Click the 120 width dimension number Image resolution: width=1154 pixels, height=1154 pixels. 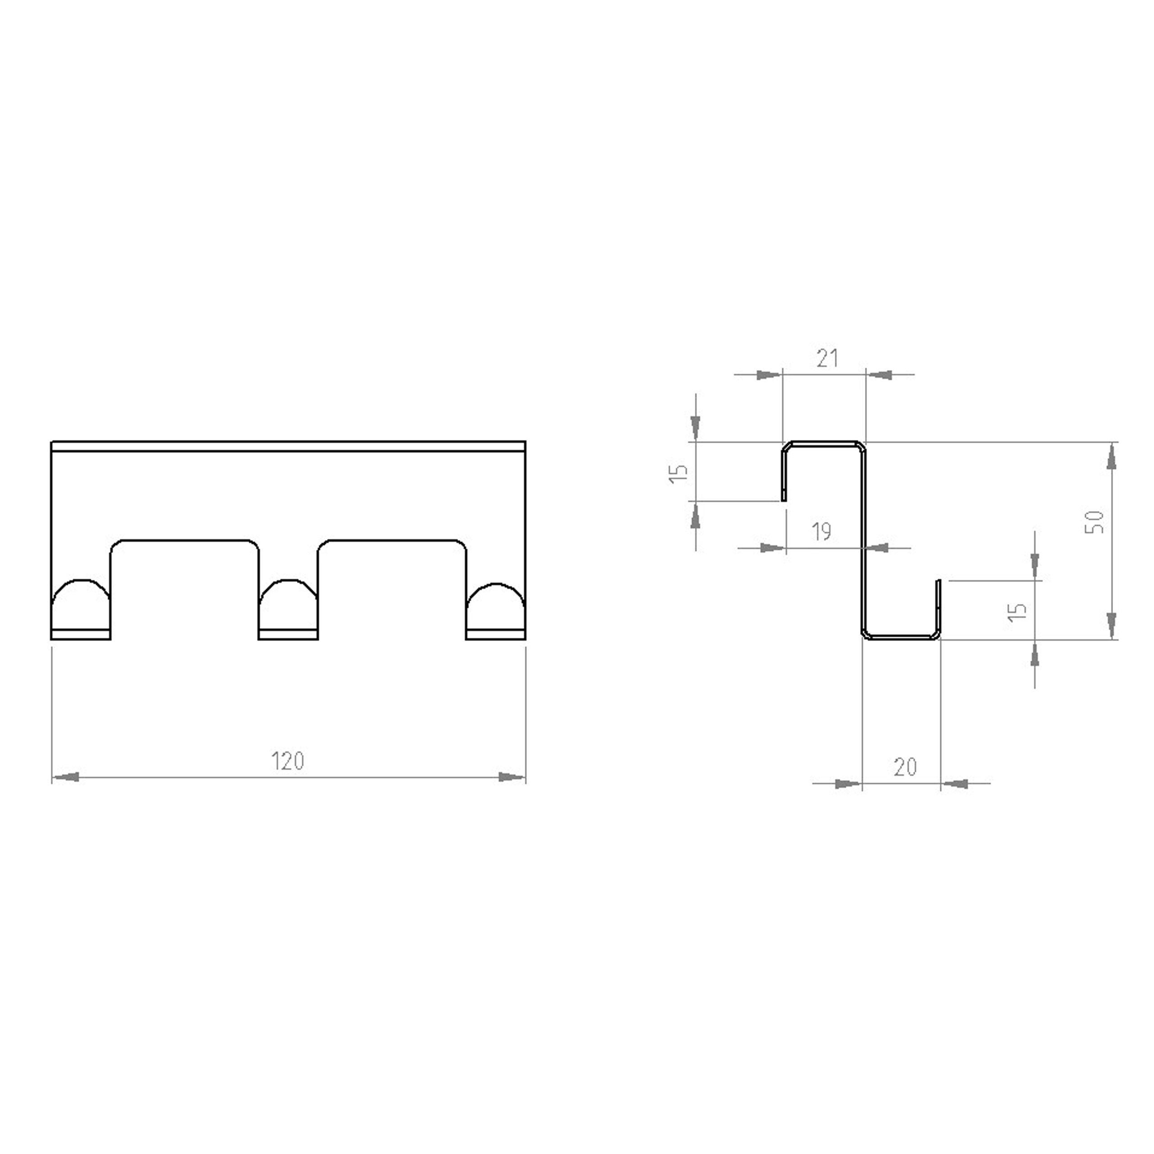(x=288, y=761)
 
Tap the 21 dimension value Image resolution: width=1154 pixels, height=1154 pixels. (x=827, y=358)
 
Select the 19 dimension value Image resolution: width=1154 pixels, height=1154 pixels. (x=822, y=531)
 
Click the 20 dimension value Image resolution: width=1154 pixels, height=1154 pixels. (x=906, y=766)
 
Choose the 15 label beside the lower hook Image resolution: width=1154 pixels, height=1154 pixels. (x=1017, y=612)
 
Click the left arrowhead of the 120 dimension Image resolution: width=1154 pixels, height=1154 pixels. (x=66, y=777)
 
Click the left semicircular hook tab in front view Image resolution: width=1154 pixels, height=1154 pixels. (x=81, y=581)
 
